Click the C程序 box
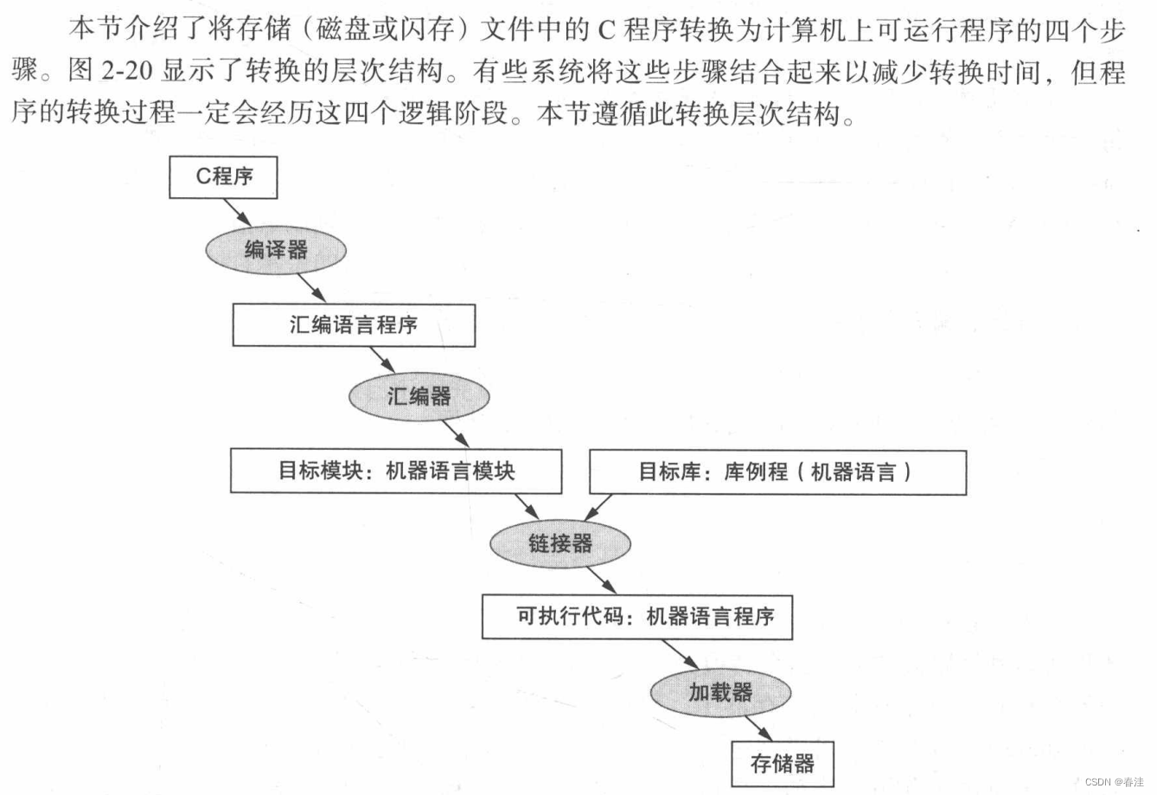point(223,177)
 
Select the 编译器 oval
point(276,250)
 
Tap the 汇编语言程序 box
point(354,325)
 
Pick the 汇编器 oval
point(419,397)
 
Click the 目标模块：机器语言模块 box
point(396,471)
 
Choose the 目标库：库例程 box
point(777,472)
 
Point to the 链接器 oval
point(560,543)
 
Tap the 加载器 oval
point(720,692)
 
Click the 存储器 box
point(783,764)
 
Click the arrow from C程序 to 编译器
point(237,212)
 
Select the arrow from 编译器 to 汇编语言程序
point(311,288)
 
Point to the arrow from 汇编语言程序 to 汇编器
point(382,360)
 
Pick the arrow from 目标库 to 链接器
point(599,507)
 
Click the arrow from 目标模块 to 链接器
point(527,507)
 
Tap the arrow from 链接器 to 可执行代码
point(601,580)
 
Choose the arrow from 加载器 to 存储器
point(758,728)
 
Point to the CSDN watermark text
point(1114,781)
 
